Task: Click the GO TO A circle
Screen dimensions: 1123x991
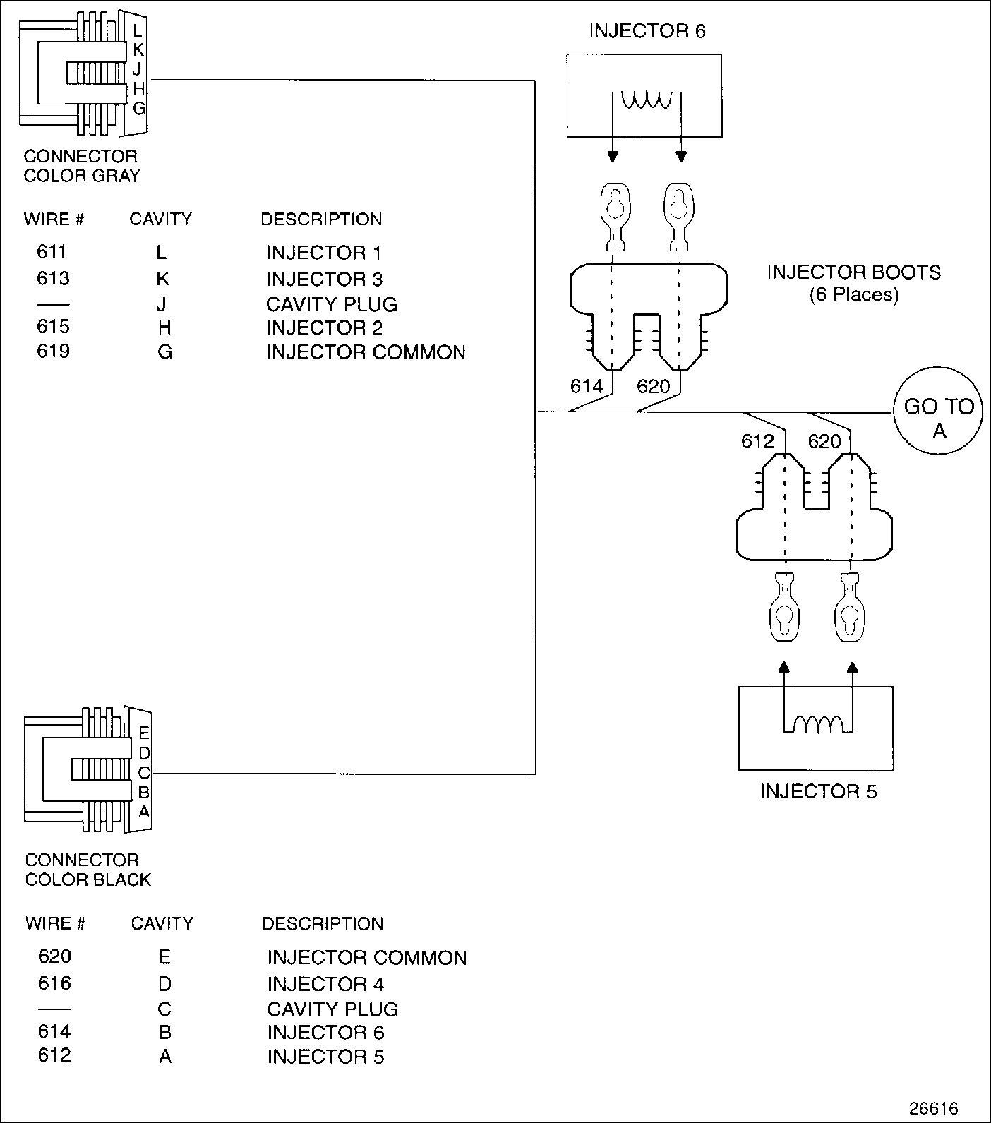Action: pos(938,417)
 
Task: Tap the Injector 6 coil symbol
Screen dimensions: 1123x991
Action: pos(646,101)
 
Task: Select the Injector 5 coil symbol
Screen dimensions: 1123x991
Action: pos(817,724)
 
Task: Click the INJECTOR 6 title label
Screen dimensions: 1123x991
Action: pos(647,31)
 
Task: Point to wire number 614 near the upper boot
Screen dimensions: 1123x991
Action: pos(587,386)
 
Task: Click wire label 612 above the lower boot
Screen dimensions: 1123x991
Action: pos(757,441)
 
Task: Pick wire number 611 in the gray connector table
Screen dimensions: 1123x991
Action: pos(53,252)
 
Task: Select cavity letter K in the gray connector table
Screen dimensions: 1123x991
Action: pos(162,279)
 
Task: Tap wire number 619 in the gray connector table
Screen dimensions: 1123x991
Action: pos(53,351)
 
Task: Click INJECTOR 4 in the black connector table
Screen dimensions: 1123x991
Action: pos(325,984)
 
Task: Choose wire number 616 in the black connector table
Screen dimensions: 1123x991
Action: pos(54,983)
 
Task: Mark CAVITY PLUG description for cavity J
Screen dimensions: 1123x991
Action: pos(332,304)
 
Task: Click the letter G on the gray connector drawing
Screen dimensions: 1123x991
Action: pos(139,109)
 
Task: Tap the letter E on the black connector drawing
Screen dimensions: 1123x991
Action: pos(144,733)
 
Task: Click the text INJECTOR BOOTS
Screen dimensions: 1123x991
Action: pos(853,272)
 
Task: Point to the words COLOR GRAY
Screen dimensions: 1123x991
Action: pos(82,176)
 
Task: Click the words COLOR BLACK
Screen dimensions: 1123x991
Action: pos(88,879)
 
